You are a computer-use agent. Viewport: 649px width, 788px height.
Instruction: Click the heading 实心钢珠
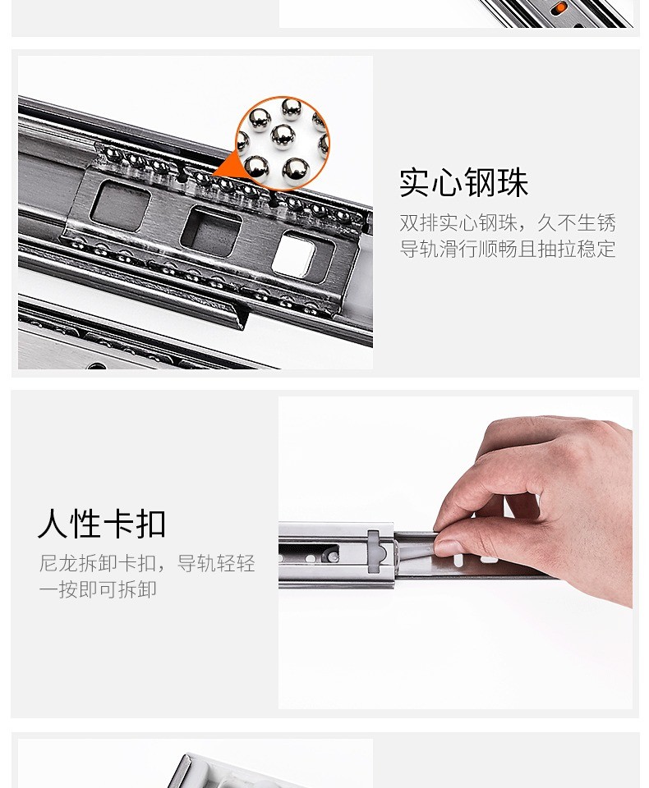tap(463, 182)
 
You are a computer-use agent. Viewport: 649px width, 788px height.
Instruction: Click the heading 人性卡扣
tap(102, 524)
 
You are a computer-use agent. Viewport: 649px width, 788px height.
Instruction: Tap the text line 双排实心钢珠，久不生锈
tap(508, 222)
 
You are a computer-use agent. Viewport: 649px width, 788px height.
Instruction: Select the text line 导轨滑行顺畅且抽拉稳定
tap(508, 249)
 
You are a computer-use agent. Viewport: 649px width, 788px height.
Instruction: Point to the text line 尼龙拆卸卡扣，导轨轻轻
tap(147, 563)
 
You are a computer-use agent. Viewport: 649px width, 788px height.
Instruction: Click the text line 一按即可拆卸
tap(98, 589)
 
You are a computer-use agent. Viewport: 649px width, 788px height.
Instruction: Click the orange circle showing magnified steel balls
tap(283, 143)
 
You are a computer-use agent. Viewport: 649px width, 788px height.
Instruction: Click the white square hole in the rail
tap(294, 254)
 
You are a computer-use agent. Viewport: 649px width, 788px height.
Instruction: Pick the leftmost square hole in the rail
tap(120, 204)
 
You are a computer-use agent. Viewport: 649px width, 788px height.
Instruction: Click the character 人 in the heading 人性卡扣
tap(53, 524)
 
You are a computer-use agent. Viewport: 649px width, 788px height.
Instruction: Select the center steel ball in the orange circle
tap(283, 137)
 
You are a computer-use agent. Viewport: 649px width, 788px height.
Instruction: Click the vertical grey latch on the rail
tap(374, 552)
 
